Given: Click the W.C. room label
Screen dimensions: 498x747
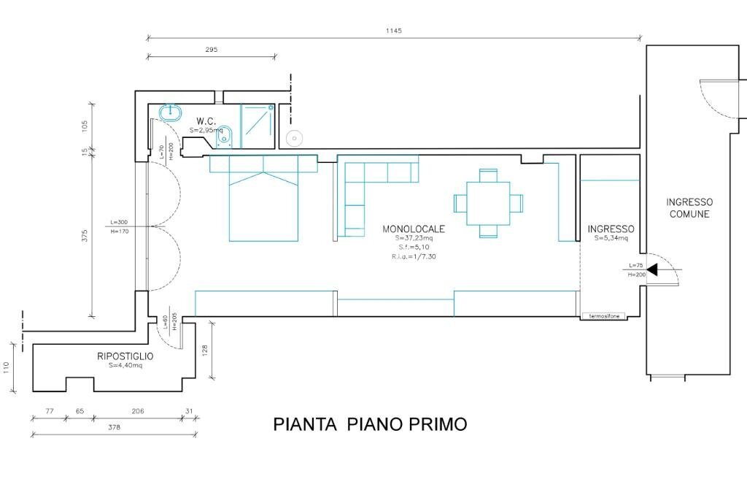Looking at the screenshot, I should point(206,121).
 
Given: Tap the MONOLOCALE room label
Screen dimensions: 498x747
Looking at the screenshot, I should point(413,229).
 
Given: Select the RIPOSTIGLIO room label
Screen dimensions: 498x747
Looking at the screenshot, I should point(125,356).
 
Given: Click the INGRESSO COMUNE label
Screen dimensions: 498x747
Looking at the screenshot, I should point(689,208).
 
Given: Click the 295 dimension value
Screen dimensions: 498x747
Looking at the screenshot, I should point(212,50).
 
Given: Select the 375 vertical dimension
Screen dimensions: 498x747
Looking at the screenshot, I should point(85,236).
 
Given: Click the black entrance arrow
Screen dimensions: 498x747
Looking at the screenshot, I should point(651,270).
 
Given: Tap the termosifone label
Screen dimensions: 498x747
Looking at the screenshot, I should point(605,316).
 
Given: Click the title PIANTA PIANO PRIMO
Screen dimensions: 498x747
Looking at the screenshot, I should point(370,424).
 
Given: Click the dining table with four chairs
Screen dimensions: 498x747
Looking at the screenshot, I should point(488,202).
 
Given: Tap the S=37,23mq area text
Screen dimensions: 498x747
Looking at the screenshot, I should point(414,238).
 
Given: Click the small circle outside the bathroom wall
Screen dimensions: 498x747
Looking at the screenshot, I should point(294,137).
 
